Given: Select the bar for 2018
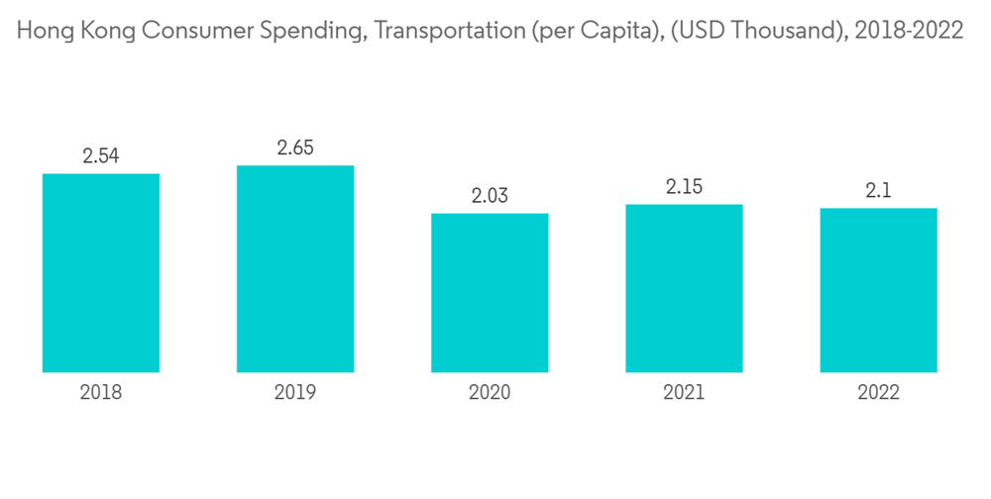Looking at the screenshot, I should pyautogui.click(x=101, y=272).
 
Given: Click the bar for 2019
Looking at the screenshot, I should pyautogui.click(x=295, y=268).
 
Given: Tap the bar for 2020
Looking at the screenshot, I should pyautogui.click(x=490, y=292).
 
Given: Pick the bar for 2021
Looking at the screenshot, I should pyautogui.click(x=684, y=288).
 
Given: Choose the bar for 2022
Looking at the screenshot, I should pyautogui.click(x=878, y=290).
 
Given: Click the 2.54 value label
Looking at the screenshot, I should pyautogui.click(x=101, y=156).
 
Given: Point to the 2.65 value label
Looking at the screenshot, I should pyautogui.click(x=295, y=149).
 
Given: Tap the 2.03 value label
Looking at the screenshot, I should pyautogui.click(x=490, y=196).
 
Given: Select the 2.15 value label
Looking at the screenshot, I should pyautogui.click(x=684, y=187).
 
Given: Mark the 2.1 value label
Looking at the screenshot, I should pyautogui.click(x=878, y=191).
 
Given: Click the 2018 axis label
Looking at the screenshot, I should pyautogui.click(x=101, y=393).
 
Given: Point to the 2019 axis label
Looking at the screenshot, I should pyautogui.click(x=295, y=393).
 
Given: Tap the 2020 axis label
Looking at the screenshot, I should pyautogui.click(x=490, y=393).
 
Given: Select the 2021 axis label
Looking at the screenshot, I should pyautogui.click(x=684, y=393).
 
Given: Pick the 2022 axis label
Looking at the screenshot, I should pyautogui.click(x=878, y=393).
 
